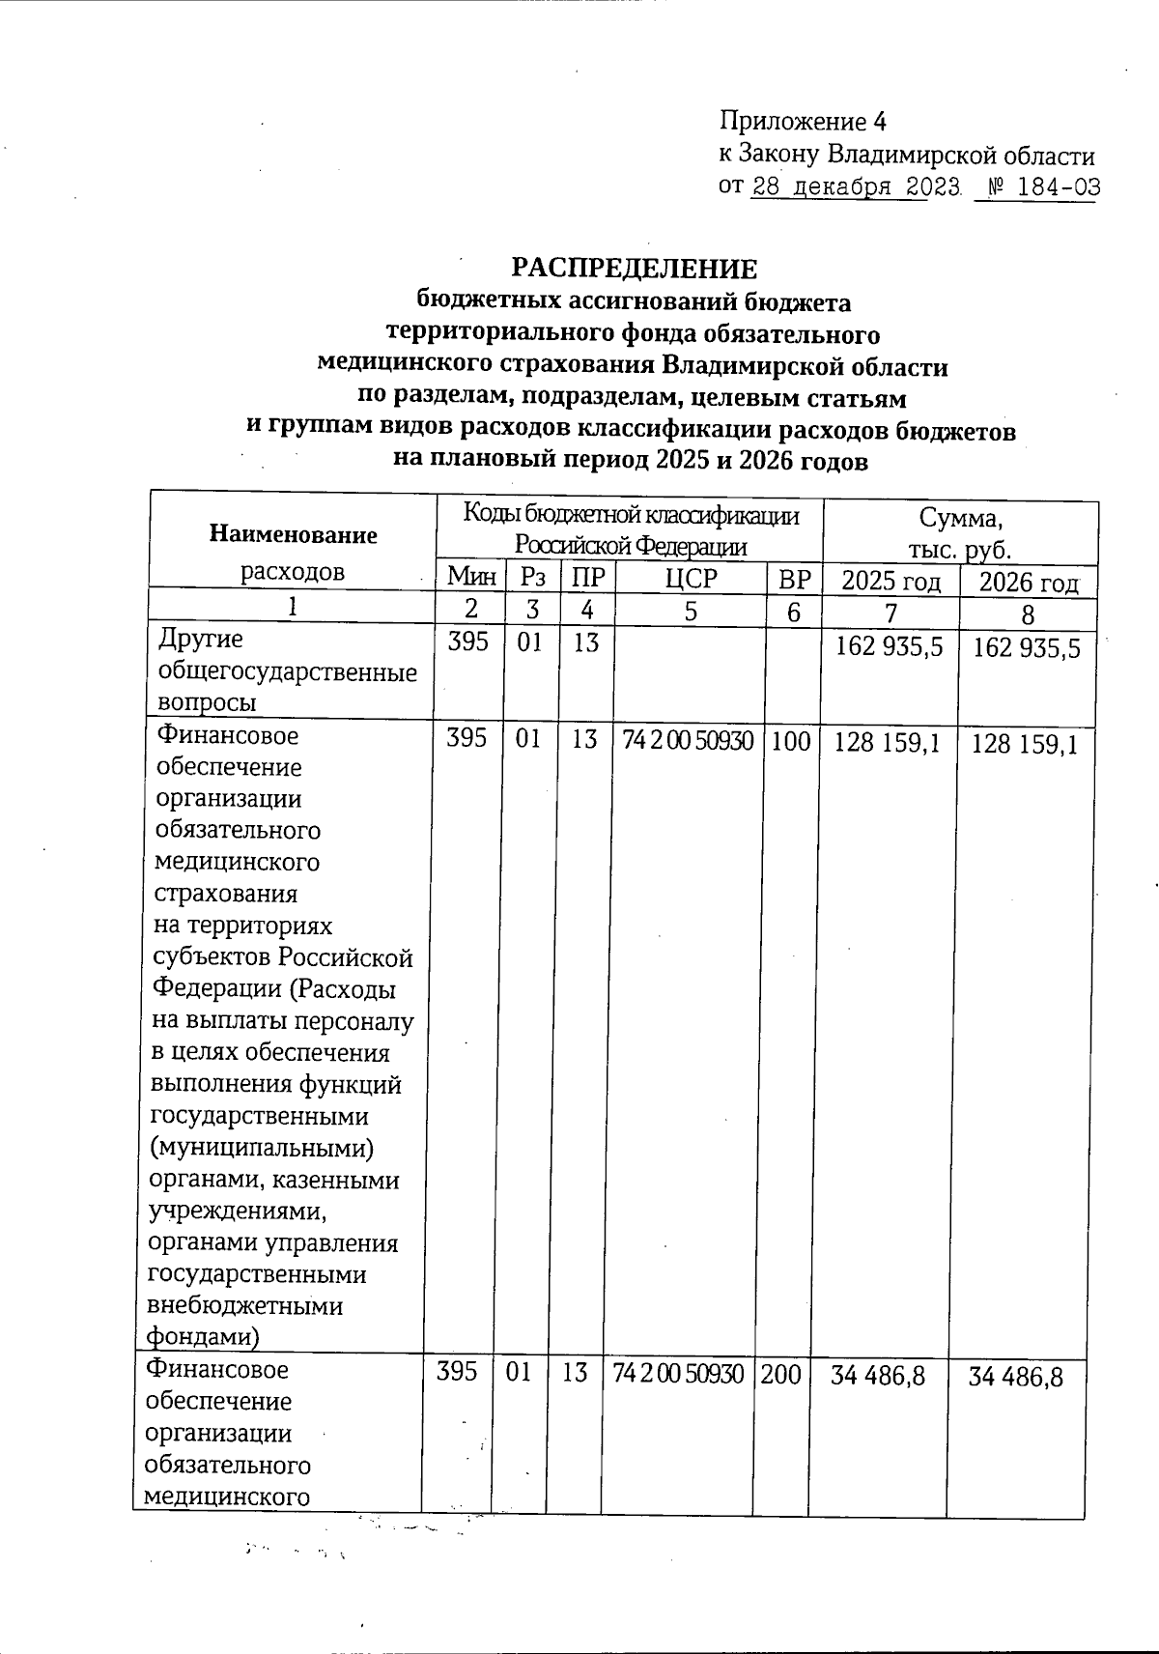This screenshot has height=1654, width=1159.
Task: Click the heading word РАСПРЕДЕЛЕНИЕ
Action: [634, 269]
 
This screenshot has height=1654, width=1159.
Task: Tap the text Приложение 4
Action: [803, 122]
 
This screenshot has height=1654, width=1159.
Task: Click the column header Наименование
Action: [293, 534]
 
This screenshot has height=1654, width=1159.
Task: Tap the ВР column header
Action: [793, 580]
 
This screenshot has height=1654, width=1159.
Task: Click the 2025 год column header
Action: [890, 582]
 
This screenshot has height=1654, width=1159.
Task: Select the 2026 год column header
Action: [1029, 584]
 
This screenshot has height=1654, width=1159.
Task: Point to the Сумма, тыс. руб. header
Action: [960, 534]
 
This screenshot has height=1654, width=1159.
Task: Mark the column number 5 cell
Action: [689, 612]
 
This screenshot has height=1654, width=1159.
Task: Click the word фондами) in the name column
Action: [203, 1336]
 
